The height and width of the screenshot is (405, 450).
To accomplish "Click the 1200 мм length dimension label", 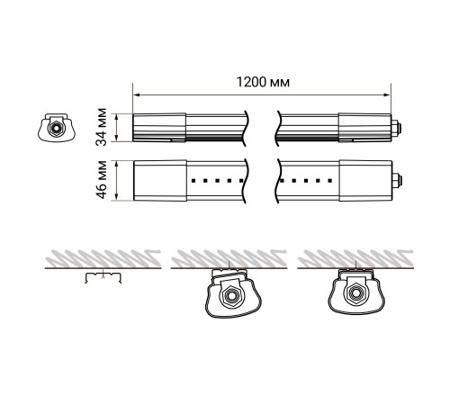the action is [x=263, y=82].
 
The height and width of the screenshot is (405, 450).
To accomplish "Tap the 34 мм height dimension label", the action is [x=102, y=127].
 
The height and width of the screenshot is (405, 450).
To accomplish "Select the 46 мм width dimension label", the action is [x=102, y=180].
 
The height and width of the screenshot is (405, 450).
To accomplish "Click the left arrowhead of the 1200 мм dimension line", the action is [x=137, y=95].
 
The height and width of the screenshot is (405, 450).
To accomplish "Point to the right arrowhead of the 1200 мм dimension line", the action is [x=387, y=95].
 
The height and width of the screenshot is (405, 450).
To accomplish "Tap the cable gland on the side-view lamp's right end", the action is [x=396, y=128].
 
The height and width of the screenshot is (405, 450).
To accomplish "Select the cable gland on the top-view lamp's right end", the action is [x=397, y=181].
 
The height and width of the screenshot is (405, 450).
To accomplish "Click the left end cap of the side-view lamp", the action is [x=159, y=128].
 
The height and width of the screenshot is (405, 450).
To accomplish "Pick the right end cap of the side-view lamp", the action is [x=364, y=128].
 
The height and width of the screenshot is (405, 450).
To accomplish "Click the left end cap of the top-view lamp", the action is [x=160, y=180].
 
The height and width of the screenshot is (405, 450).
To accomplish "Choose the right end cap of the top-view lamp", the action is [x=365, y=180].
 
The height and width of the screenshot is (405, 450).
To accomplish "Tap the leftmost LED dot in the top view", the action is [x=193, y=181].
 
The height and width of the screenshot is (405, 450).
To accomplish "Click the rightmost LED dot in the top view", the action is [x=330, y=181].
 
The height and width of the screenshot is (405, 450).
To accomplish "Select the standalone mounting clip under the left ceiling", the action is [x=103, y=277].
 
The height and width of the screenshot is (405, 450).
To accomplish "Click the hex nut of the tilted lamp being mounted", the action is [x=230, y=296].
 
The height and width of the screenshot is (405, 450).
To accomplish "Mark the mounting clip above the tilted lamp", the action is [x=229, y=273].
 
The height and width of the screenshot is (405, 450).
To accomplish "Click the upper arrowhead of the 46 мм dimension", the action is [x=116, y=164].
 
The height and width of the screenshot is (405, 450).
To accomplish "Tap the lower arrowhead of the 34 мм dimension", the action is [x=116, y=138].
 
